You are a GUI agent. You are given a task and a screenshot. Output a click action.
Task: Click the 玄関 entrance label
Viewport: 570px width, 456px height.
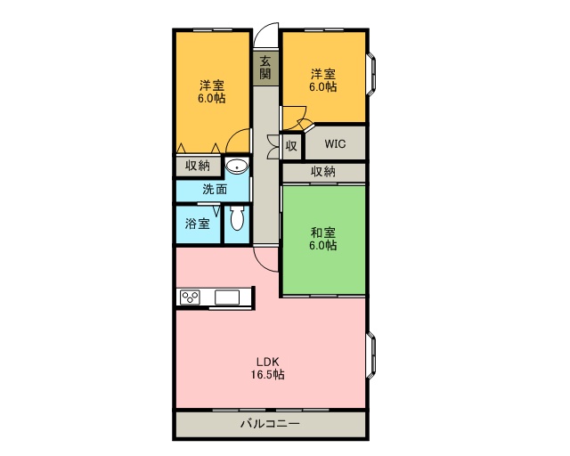point(265,68)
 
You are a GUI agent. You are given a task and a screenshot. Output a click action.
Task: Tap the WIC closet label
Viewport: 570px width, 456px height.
point(336,142)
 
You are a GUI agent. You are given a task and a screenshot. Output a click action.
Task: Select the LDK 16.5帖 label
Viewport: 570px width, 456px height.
point(268,368)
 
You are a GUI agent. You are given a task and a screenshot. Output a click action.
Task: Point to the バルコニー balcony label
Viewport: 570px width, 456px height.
point(270,424)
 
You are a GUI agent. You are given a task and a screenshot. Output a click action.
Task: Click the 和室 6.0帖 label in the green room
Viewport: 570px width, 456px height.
point(323,239)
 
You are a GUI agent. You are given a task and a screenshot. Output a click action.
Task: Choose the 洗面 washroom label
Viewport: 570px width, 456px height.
point(214,189)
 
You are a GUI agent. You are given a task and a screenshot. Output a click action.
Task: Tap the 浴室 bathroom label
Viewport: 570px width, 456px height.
point(198,223)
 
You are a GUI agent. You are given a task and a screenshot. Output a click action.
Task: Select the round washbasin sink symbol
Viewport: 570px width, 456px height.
point(237,167)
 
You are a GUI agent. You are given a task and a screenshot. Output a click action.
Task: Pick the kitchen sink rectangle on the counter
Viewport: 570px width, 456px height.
point(227,297)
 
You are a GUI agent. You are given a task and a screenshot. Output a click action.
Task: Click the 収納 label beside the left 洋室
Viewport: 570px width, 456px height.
point(198,166)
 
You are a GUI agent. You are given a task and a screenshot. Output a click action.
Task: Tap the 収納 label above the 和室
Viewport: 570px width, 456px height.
point(323,172)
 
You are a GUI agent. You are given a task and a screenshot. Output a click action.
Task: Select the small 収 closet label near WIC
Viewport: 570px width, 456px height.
point(291,144)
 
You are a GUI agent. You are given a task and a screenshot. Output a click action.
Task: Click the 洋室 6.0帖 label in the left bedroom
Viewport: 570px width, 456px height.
point(212,92)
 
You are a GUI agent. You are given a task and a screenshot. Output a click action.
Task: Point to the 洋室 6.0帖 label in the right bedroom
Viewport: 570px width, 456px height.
point(323,80)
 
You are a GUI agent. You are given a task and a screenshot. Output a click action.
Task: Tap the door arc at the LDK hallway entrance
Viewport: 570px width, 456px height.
point(265,257)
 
